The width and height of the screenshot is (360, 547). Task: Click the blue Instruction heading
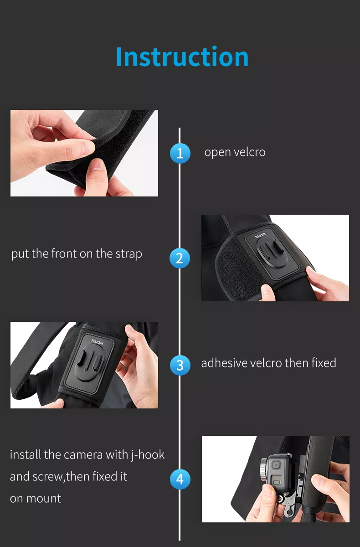[x=182, y=57]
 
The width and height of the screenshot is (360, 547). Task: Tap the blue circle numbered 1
[x=180, y=153]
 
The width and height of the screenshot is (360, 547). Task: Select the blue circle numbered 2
[x=180, y=258]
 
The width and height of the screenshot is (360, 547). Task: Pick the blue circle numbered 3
[x=180, y=365]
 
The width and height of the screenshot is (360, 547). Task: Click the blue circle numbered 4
[x=180, y=479]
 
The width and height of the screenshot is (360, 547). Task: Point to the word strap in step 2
[x=129, y=254]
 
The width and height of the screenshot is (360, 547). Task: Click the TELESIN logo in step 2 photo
[x=260, y=236]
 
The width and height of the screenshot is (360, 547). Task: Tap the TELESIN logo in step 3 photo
[x=97, y=342]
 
